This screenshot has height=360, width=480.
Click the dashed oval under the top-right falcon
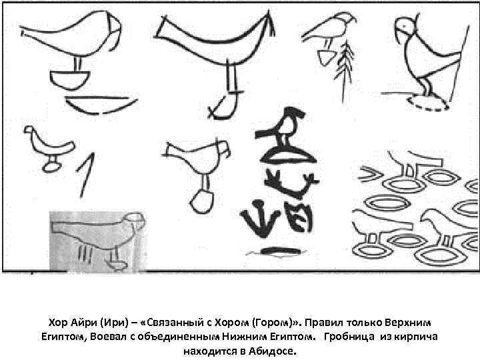(x=427, y=105)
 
